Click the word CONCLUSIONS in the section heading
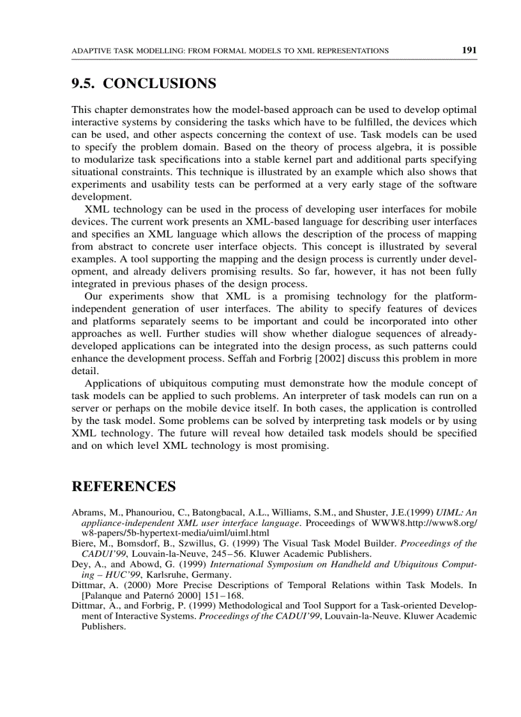(159, 84)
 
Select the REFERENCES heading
(123, 487)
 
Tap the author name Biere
(83, 543)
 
